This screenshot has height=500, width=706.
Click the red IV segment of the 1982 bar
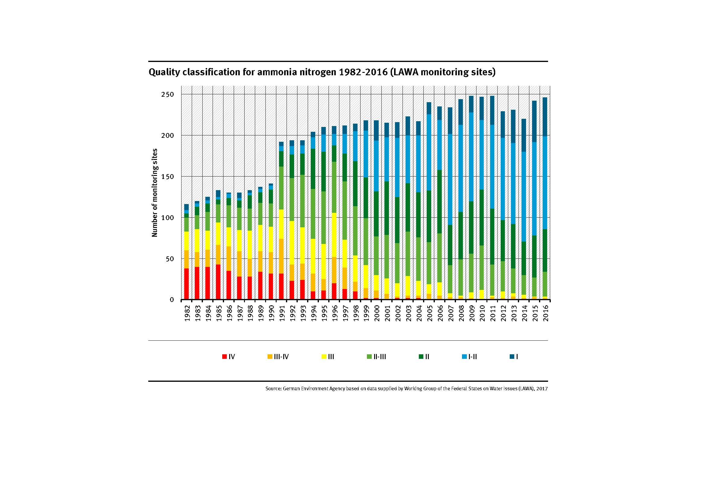[186, 284]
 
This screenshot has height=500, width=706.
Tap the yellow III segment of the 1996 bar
[334, 235]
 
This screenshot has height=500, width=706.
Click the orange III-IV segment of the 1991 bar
[281, 256]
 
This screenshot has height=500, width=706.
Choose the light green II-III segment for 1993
[302, 201]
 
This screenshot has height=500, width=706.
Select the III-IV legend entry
[278, 357]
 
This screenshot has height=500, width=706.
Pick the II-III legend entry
[376, 357]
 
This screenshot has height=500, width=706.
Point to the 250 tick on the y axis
[168, 94]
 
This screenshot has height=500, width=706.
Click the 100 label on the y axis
[168, 218]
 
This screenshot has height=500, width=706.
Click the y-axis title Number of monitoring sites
[155, 193]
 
